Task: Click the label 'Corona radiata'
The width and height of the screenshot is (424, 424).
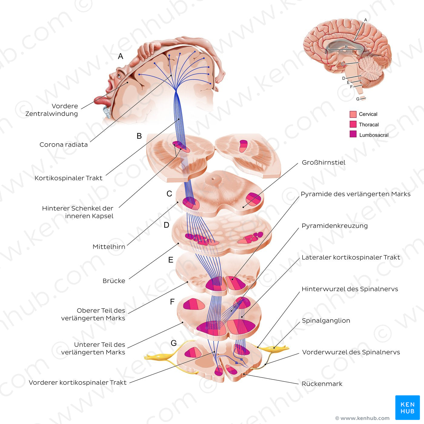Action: pos(64,145)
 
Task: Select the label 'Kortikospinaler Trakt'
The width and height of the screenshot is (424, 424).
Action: pos(68,178)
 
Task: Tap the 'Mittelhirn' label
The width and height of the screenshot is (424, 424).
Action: pos(109,247)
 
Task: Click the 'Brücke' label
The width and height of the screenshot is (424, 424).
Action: pos(114,281)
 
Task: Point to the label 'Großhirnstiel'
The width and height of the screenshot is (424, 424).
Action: pos(323,163)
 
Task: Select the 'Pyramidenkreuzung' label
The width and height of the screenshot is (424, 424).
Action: pos(335,226)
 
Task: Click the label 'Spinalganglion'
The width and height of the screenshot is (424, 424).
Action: pos(326,321)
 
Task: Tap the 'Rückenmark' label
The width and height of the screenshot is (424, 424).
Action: pos(322,384)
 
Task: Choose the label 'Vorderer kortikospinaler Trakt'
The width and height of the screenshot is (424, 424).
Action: pos(78,383)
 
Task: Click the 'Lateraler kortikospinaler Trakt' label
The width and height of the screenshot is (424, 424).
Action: pos(351,258)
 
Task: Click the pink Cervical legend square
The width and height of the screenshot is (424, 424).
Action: pos(353,114)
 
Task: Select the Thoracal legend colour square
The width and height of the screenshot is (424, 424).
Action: pos(353,124)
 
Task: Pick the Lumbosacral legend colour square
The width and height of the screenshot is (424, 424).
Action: pos(353,134)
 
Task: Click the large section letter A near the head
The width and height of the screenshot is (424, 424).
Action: pos(121,56)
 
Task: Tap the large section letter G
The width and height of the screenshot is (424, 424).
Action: pos(174,343)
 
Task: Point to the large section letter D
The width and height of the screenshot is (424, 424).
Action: pos(166,225)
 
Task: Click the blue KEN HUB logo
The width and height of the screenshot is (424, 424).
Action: pos(407,407)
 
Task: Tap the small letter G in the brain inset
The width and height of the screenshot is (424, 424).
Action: pos(358,99)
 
